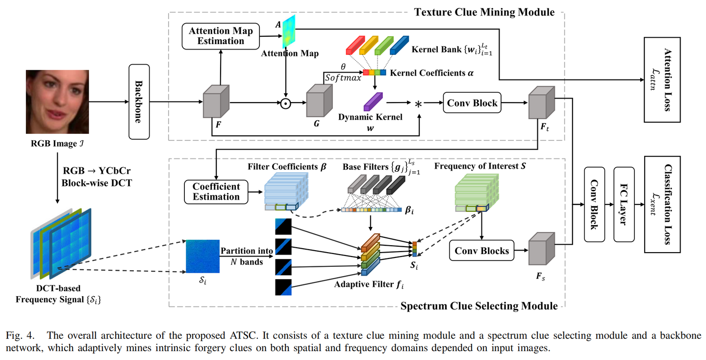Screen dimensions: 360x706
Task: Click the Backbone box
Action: [x=139, y=102]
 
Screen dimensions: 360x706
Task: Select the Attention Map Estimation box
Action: [x=221, y=36]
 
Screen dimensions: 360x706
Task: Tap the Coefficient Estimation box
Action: [x=216, y=192]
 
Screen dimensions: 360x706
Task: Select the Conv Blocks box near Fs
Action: [x=482, y=251]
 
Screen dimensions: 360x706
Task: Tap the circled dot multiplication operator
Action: [x=285, y=103]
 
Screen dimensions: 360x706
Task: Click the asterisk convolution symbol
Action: [x=419, y=104]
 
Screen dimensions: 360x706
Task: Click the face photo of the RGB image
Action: [x=57, y=102]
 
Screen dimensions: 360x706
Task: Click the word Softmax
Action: [x=343, y=77]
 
